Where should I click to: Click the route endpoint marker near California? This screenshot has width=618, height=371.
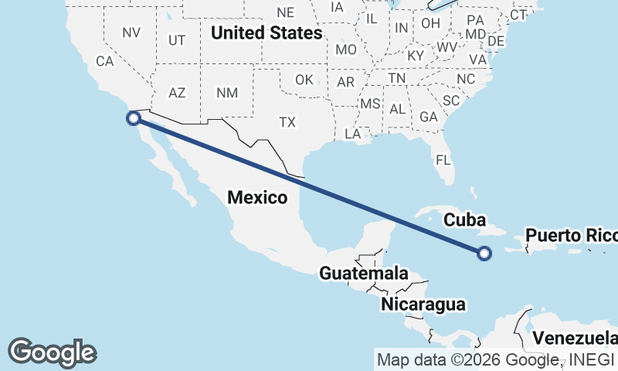[x=134, y=118]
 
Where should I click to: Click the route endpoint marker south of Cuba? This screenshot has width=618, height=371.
[x=484, y=252]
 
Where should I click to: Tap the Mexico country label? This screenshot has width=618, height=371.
[x=257, y=198]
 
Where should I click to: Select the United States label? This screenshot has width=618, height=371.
[x=267, y=33]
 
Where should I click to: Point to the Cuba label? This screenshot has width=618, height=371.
[x=464, y=220]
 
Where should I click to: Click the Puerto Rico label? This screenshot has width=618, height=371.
[x=571, y=235]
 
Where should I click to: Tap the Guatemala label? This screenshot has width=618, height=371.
[x=363, y=273]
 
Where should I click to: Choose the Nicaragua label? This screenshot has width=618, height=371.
[x=423, y=304]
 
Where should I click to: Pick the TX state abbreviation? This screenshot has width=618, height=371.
[x=287, y=122]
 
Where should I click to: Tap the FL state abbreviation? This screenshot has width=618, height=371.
[x=443, y=160]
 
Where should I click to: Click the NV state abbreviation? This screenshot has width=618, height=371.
[x=132, y=32]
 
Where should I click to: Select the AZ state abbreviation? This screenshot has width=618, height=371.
[x=177, y=93]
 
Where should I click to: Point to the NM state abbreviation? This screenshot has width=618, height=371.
[x=226, y=93]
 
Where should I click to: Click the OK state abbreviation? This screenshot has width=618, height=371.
[x=304, y=80]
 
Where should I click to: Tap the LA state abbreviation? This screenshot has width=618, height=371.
[x=353, y=134]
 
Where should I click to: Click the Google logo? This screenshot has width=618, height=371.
[x=53, y=352]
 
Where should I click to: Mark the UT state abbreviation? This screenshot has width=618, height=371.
[x=176, y=40]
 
